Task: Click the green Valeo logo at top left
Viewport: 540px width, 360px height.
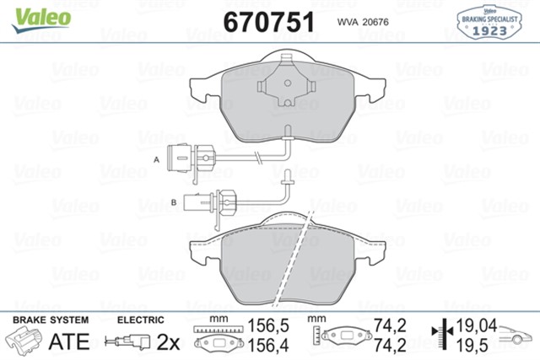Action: [41, 19]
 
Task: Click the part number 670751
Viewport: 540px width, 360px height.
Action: [269, 22]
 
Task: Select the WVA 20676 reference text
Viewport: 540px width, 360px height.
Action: [363, 22]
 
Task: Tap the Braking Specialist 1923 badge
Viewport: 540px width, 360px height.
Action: [489, 22]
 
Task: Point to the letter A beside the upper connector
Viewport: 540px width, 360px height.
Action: [157, 159]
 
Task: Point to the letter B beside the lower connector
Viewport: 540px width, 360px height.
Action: [174, 202]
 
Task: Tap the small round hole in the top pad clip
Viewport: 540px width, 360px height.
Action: [288, 83]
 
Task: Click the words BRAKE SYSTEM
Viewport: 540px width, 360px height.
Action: [51, 320]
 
